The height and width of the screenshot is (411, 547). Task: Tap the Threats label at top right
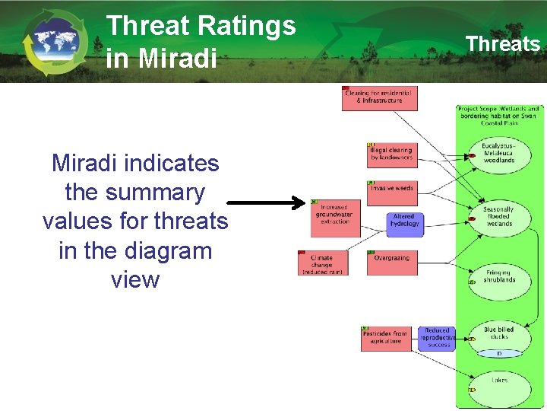(502, 43)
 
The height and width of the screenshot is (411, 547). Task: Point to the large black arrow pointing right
(266, 203)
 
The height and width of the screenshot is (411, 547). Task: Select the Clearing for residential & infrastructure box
(379, 98)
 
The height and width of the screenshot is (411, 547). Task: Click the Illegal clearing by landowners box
(391, 155)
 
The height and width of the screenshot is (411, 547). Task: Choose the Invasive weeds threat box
(391, 189)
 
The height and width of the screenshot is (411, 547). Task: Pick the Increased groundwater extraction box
(334, 215)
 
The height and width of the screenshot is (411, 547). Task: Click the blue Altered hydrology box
(404, 221)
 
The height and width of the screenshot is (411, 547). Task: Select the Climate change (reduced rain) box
(323, 263)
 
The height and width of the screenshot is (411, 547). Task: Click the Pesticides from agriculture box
(385, 338)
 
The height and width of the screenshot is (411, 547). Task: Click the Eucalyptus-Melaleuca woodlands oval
(498, 153)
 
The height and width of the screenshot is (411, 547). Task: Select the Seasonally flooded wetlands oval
(498, 217)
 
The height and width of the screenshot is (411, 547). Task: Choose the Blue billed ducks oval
(498, 335)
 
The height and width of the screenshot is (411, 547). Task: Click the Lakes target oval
(498, 382)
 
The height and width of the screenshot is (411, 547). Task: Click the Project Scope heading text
(498, 116)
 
